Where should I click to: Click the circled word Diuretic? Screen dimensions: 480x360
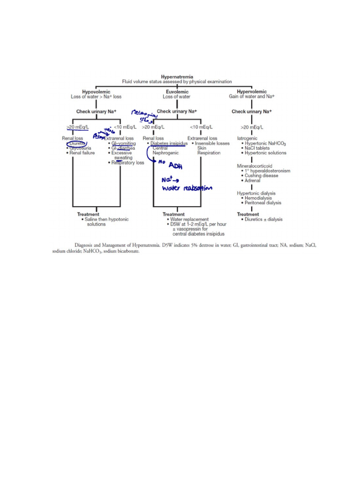pyautogui.click(x=76, y=143)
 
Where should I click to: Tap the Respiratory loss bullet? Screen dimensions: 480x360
pyautogui.click(x=127, y=163)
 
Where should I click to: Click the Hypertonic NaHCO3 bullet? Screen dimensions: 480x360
pyautogui.click(x=266, y=143)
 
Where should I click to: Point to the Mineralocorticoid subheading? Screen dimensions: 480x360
pyautogui.click(x=257, y=165)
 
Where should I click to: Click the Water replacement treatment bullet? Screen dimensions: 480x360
pyautogui.click(x=187, y=219)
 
